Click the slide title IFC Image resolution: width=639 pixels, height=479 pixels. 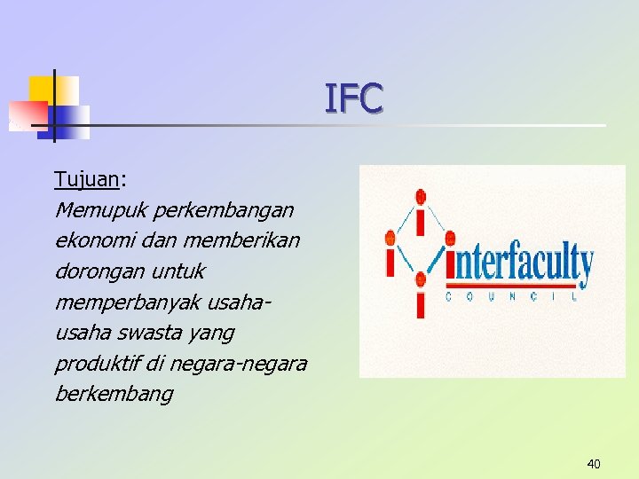353,98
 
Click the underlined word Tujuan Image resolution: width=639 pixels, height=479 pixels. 86,179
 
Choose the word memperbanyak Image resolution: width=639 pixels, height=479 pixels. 126,302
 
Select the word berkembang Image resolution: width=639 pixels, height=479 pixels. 114,394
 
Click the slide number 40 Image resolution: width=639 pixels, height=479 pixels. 594,463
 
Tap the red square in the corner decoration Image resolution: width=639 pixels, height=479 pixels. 27,114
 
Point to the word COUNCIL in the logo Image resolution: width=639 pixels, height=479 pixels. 514,297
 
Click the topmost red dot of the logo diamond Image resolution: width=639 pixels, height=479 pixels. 421,196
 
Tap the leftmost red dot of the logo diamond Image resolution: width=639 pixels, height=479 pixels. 390,238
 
